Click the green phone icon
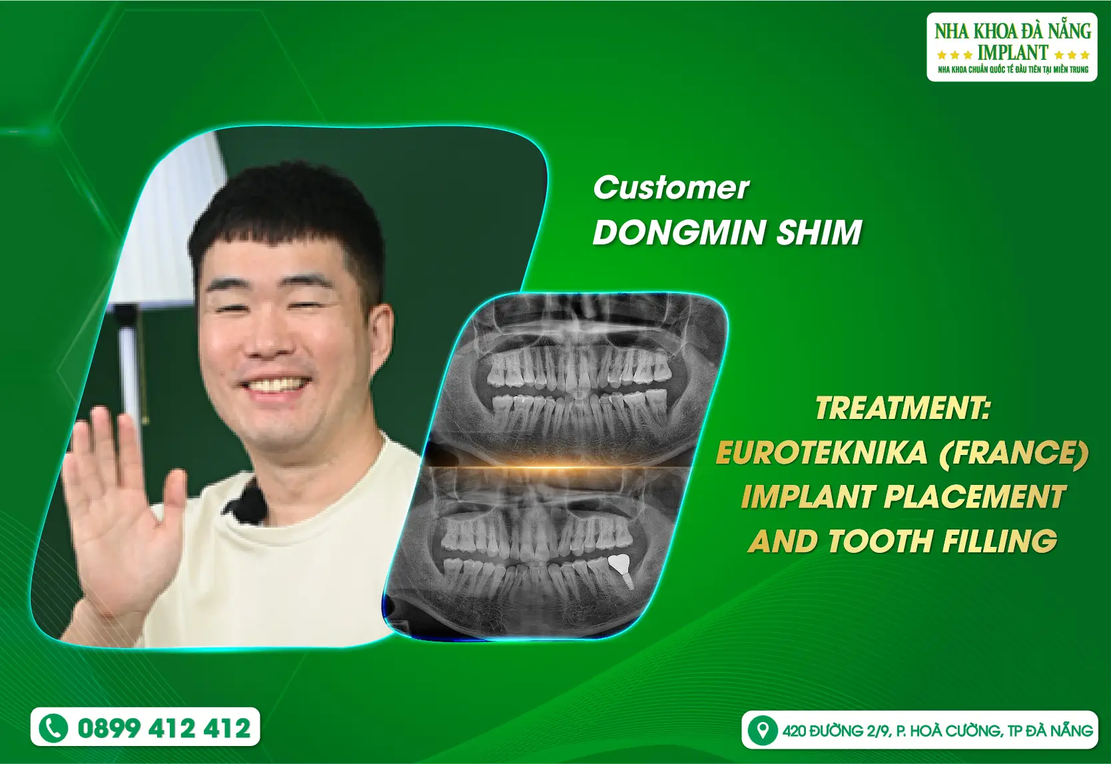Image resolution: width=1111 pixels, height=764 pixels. [x=53, y=728]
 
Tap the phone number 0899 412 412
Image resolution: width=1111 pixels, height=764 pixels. [x=164, y=728]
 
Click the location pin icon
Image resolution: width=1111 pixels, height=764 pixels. [x=762, y=730]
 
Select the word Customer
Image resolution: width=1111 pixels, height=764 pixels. [x=671, y=189]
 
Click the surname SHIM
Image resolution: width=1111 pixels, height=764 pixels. [x=819, y=232]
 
